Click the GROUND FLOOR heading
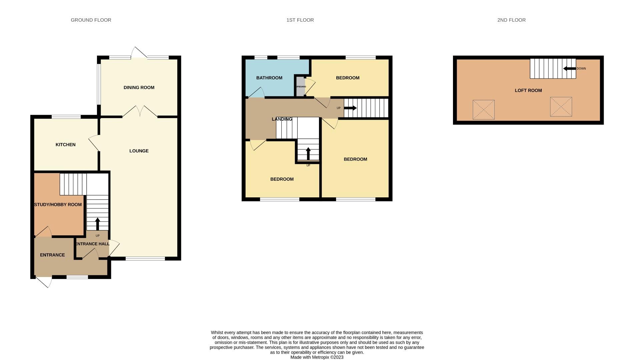pyautogui.click(x=91, y=20)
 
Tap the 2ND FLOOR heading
pyautogui.click(x=511, y=20)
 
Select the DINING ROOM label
pyautogui.click(x=139, y=88)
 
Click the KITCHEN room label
pyautogui.click(x=65, y=145)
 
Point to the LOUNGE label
pyautogui.click(x=139, y=151)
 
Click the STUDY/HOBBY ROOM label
pyautogui.click(x=58, y=205)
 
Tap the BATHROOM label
pyautogui.click(x=269, y=78)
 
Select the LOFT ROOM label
pyautogui.click(x=528, y=90)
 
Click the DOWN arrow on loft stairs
pyautogui.click(x=569, y=69)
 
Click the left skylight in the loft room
pyautogui.click(x=483, y=110)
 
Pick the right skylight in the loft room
pyautogui.click(x=561, y=107)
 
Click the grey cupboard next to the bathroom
pyautogui.click(x=301, y=87)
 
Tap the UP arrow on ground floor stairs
pyautogui.click(x=97, y=224)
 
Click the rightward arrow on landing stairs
pyautogui.click(x=350, y=108)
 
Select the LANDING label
pyautogui.click(x=282, y=119)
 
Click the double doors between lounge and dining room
pyautogui.click(x=140, y=112)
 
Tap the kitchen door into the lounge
pyautogui.click(x=94, y=143)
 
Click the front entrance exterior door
pyautogui.click(x=44, y=282)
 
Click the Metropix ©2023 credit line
pyautogui.click(x=317, y=357)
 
